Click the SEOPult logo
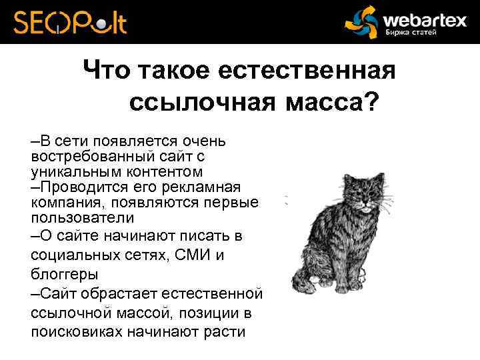(x=69, y=22)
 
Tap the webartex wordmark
(x=424, y=19)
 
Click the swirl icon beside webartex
(x=361, y=22)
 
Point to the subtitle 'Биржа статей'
(x=411, y=33)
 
